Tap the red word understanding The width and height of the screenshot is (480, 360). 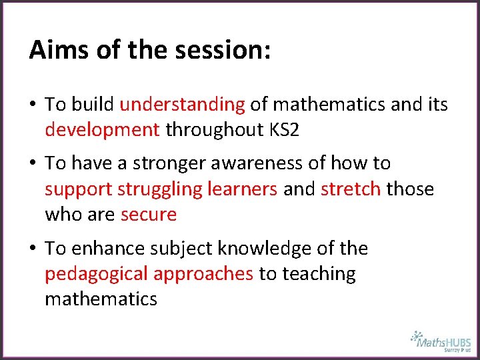coord(182,104)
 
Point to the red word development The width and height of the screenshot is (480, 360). coord(102,129)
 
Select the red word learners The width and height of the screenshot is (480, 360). coord(243,189)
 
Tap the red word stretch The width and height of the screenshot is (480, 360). coord(351,189)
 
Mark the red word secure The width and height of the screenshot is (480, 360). coord(149,215)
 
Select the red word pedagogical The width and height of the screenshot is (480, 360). coord(96,274)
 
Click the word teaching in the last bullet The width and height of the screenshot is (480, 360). coord(319,274)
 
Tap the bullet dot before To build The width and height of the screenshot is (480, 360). coord(33,105)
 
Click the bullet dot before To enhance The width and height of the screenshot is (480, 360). coord(33,249)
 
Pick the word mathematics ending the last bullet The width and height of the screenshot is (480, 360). coord(101,299)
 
